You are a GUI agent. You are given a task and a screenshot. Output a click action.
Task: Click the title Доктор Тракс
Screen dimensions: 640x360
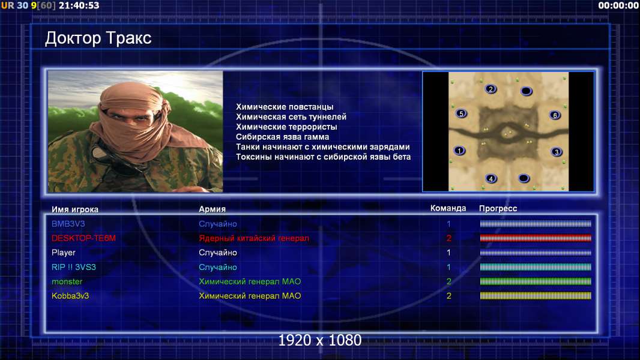[98, 38]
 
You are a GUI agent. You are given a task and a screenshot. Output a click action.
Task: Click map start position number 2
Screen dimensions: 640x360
[491, 89]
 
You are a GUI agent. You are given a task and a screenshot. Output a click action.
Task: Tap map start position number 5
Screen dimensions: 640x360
[461, 113]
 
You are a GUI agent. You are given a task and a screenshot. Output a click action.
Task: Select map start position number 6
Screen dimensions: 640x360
[555, 115]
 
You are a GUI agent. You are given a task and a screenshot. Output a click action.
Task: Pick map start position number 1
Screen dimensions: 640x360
[459, 151]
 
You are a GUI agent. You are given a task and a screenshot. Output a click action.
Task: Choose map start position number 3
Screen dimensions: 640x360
[557, 152]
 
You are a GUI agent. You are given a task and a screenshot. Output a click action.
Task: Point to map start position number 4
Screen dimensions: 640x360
[491, 178]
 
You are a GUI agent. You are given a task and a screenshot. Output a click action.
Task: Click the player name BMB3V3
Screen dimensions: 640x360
[68, 224]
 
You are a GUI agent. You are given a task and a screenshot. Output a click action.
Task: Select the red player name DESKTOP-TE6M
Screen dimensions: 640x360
[83, 238]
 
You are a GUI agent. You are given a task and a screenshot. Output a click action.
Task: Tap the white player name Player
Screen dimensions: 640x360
[63, 253]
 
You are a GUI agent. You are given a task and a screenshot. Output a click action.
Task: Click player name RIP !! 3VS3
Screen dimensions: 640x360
[73, 267]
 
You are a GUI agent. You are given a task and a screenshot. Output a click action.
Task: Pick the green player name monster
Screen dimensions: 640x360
[67, 282]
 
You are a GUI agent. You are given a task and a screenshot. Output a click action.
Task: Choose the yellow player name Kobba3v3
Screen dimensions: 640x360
[70, 296]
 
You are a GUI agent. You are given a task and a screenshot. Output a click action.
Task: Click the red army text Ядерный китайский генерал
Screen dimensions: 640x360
[254, 238]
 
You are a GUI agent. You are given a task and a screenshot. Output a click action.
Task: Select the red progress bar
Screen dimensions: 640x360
[536, 238]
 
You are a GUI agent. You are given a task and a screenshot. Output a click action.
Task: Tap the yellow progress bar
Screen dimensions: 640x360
[536, 296]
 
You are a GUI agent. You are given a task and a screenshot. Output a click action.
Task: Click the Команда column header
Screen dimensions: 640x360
[448, 208]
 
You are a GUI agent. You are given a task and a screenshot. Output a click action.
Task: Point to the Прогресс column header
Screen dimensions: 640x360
[498, 209]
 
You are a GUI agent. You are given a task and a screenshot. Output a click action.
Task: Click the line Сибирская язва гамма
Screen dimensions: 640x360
[282, 137]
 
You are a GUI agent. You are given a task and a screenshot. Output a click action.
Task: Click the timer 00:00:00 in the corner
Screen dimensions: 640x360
[618, 5]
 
